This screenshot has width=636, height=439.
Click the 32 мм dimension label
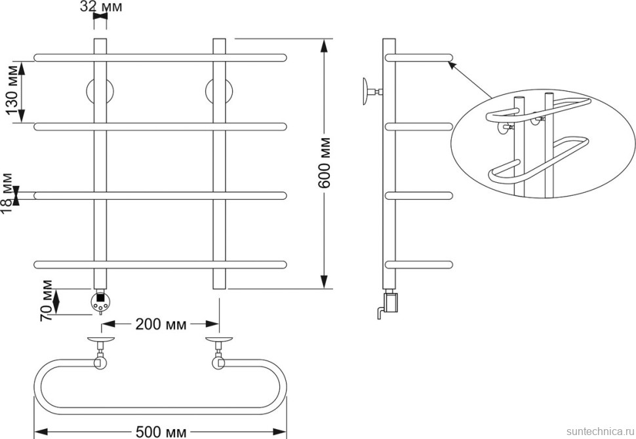coord(101,7)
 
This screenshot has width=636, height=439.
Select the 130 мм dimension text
coord(14,90)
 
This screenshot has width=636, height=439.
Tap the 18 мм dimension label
coord(7,193)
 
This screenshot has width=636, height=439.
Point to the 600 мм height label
coord(324,162)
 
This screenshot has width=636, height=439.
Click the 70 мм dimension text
coord(47,300)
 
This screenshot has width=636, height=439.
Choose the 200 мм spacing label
coord(161,324)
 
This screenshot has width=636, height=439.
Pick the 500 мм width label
coord(161,432)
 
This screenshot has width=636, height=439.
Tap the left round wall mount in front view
coord(100,92)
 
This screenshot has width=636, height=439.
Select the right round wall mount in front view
coord(219,92)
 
